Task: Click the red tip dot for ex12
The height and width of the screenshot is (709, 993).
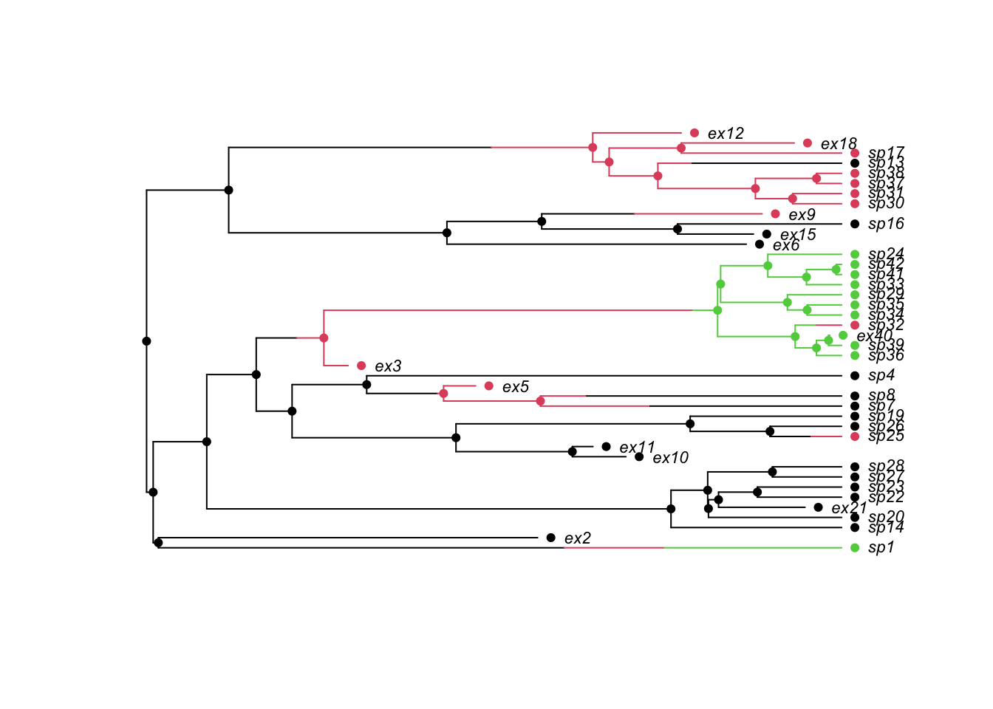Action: [x=695, y=133]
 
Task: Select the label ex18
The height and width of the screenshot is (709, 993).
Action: [x=839, y=143]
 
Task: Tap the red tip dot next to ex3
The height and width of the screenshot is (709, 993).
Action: [x=361, y=366]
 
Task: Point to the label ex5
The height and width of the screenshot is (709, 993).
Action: [x=515, y=387]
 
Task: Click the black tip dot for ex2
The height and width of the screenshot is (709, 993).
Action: [x=550, y=538]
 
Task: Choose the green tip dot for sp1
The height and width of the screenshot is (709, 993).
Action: [x=855, y=548]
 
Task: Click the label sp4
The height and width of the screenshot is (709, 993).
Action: [x=881, y=376]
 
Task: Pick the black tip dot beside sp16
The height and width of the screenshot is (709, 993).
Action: [x=855, y=224]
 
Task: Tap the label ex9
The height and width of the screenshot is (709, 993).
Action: [x=802, y=215]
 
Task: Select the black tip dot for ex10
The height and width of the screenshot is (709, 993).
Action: [x=639, y=457]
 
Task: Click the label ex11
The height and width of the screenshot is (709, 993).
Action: [x=637, y=448]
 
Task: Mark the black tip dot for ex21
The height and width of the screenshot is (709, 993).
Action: [x=818, y=507]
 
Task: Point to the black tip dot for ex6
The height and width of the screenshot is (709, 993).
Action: [x=760, y=244]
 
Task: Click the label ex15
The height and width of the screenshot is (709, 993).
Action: [x=798, y=235]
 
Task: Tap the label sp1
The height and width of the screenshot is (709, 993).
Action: [x=881, y=548]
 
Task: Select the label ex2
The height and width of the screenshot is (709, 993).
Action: [x=577, y=538]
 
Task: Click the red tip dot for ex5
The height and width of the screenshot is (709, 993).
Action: [x=488, y=386]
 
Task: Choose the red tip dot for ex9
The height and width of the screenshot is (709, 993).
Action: [x=775, y=214]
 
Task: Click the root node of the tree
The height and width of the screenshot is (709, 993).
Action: [x=146, y=341]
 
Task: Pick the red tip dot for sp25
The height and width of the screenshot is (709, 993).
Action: [x=855, y=436]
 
